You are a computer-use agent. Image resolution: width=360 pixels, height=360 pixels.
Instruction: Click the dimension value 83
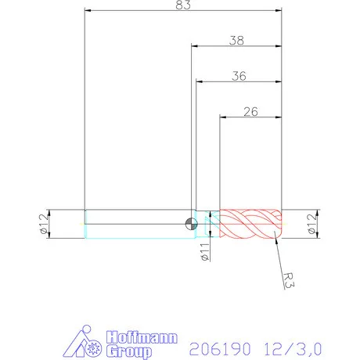(x=182, y=5)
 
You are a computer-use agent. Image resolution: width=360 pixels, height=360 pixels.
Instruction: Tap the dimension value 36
(x=238, y=76)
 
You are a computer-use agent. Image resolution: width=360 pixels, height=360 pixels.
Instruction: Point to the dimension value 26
(x=250, y=111)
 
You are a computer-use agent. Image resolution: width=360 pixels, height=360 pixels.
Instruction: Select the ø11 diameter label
(x=202, y=251)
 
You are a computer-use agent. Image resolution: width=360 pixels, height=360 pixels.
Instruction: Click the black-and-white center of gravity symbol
(x=190, y=224)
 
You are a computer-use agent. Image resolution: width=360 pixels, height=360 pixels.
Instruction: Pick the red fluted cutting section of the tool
(x=250, y=224)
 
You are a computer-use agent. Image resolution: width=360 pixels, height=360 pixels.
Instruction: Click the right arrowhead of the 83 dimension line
(x=277, y=11)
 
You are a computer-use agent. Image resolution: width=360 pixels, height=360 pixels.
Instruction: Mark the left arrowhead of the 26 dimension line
(x=223, y=117)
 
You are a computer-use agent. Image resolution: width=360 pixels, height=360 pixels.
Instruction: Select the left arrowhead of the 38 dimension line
(x=194, y=45)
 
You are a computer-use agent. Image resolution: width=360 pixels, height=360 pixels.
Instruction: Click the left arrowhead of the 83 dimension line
(x=88, y=11)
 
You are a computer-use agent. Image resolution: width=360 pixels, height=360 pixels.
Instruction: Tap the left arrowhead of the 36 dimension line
(x=199, y=82)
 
